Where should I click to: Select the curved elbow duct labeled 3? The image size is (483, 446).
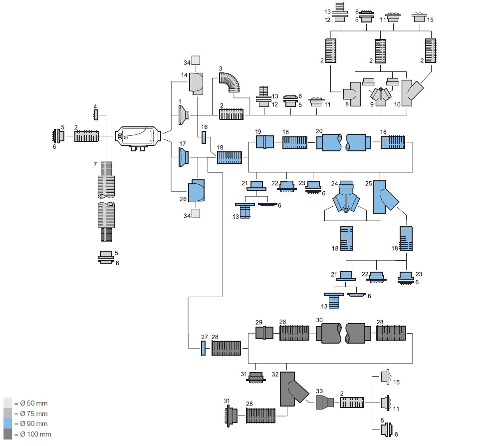pos(231,82)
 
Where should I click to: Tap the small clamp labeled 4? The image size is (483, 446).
pos(95,115)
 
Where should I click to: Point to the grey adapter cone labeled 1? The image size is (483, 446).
pos(183,116)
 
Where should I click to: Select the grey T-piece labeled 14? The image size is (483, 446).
pos(196,82)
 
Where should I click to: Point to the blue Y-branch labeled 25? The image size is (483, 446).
pos(385,197)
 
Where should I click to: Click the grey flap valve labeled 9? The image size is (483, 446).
pos(381,95)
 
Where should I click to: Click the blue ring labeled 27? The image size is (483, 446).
pos(204,348)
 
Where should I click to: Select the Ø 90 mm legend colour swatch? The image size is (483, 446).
pos(8,424)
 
